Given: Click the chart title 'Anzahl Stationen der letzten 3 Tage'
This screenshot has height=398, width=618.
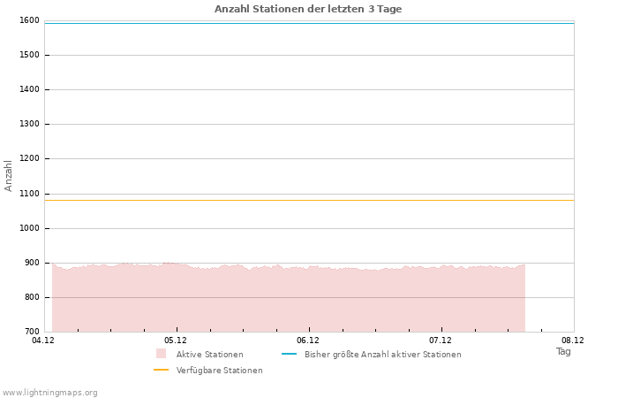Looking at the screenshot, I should [x=308, y=9].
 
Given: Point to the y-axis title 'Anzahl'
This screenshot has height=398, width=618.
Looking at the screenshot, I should [x=9, y=175].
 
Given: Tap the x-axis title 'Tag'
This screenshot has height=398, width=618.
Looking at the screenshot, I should [x=563, y=351].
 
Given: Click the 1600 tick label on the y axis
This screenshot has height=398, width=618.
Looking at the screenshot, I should [x=28, y=20].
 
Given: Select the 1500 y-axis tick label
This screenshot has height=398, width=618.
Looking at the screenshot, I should [x=28, y=55].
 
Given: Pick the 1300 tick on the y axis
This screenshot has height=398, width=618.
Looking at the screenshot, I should [x=28, y=125].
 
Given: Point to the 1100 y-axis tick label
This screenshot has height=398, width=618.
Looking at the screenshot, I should [x=28, y=194].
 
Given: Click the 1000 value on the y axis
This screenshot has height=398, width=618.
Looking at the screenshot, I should [x=28, y=228].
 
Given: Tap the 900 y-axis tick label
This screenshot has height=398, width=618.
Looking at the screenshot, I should [x=31, y=263].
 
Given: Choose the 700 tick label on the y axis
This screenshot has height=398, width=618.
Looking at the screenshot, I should [x=31, y=332].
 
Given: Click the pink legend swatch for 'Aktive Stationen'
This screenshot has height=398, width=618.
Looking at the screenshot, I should [x=161, y=354].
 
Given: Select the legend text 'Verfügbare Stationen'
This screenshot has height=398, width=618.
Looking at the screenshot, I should [x=219, y=371].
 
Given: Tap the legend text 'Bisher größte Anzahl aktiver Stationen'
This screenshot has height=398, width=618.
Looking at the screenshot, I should [x=382, y=355].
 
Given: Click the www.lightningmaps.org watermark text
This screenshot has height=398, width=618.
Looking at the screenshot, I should [x=49, y=393].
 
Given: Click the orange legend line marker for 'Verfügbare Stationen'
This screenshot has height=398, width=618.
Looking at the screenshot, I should [x=161, y=370].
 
